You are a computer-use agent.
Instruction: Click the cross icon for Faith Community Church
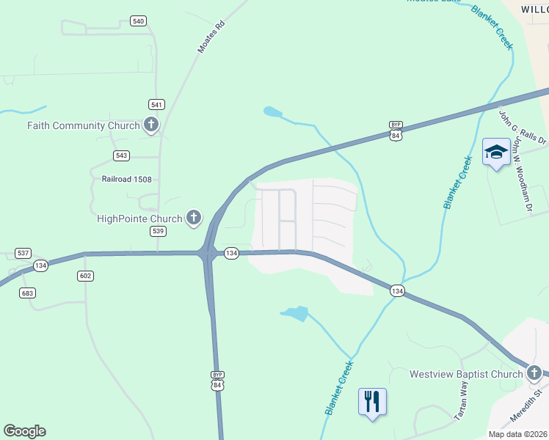click(x=151, y=125)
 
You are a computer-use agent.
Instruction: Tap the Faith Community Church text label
click(x=83, y=125)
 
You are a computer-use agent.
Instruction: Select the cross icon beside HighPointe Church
click(x=194, y=217)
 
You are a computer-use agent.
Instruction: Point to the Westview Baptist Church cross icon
click(x=534, y=374)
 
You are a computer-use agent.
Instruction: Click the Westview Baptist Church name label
click(x=465, y=374)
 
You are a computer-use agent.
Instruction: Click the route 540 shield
click(x=138, y=21)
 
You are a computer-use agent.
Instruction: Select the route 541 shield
click(x=156, y=104)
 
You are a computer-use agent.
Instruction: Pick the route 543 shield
click(x=122, y=155)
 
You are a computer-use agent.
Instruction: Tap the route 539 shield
click(x=158, y=231)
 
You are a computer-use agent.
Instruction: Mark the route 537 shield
click(x=23, y=253)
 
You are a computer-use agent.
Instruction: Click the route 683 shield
click(x=28, y=293)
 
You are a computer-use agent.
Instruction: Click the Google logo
click(x=24, y=431)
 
